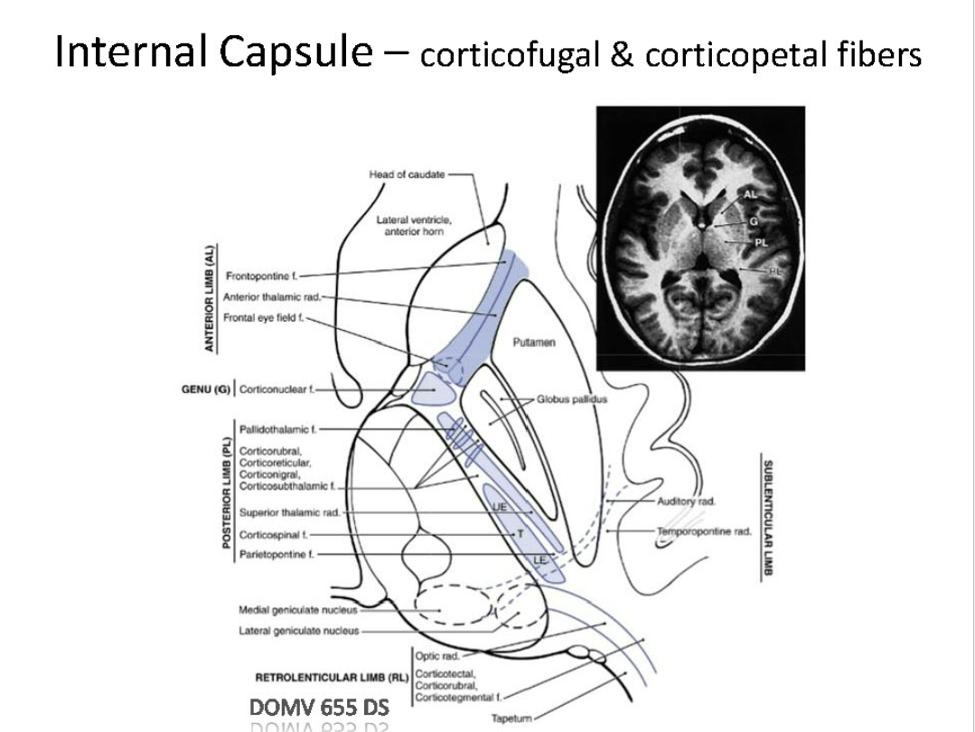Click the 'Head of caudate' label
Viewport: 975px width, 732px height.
point(408,174)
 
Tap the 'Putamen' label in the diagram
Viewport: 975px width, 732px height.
point(533,342)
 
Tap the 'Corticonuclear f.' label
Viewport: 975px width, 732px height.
point(280,390)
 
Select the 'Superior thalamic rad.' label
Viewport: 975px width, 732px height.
point(290,512)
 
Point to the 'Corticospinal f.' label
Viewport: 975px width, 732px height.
point(268,535)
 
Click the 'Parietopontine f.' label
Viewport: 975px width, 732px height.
point(272,553)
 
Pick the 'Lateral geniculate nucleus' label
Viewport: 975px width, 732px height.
point(299,630)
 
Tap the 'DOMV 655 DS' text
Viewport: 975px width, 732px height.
point(319,708)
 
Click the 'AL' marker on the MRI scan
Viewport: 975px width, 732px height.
point(749,193)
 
